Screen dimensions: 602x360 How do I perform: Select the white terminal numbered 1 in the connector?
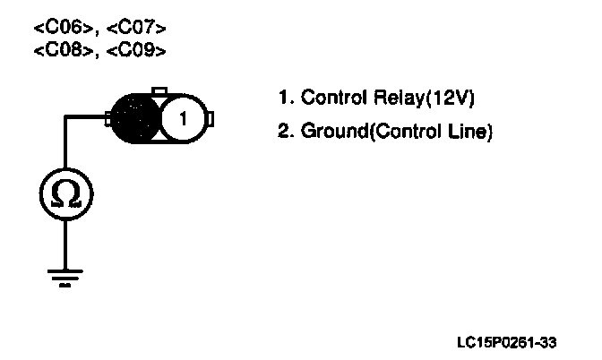point(182,117)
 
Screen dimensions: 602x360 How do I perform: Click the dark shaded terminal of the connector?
point(134,117)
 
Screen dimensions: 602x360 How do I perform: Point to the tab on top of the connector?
point(159,90)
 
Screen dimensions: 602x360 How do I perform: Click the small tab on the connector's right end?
point(212,117)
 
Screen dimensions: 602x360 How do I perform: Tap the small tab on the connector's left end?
point(107,117)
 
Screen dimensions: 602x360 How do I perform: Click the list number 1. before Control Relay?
point(285,97)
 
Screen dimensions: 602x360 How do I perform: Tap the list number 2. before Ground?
point(285,133)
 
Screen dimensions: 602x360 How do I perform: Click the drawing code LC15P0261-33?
point(506,342)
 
